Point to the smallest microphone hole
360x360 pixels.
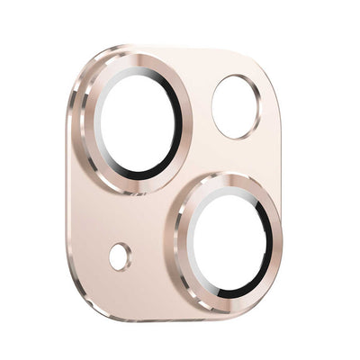click(120, 256)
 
